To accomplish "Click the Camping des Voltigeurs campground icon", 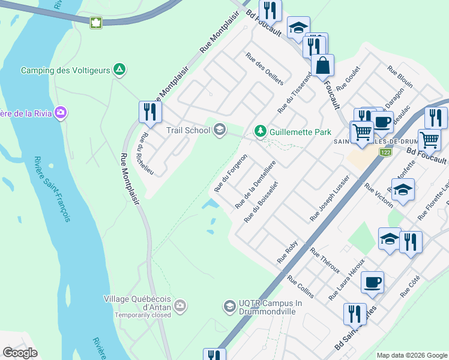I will click(120, 70).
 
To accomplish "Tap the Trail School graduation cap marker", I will click(220, 130).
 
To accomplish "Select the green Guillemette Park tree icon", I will click(260, 130).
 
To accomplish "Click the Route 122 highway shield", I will click(385, 153).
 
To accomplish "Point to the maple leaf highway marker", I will click(95, 23).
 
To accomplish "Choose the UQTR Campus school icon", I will click(229, 307).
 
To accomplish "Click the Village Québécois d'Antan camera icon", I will click(181, 307).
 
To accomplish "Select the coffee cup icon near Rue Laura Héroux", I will click(372, 282).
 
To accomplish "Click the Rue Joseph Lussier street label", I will click(330, 199).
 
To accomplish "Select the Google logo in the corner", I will click(20, 352).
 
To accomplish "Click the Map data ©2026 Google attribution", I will click(411, 355).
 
